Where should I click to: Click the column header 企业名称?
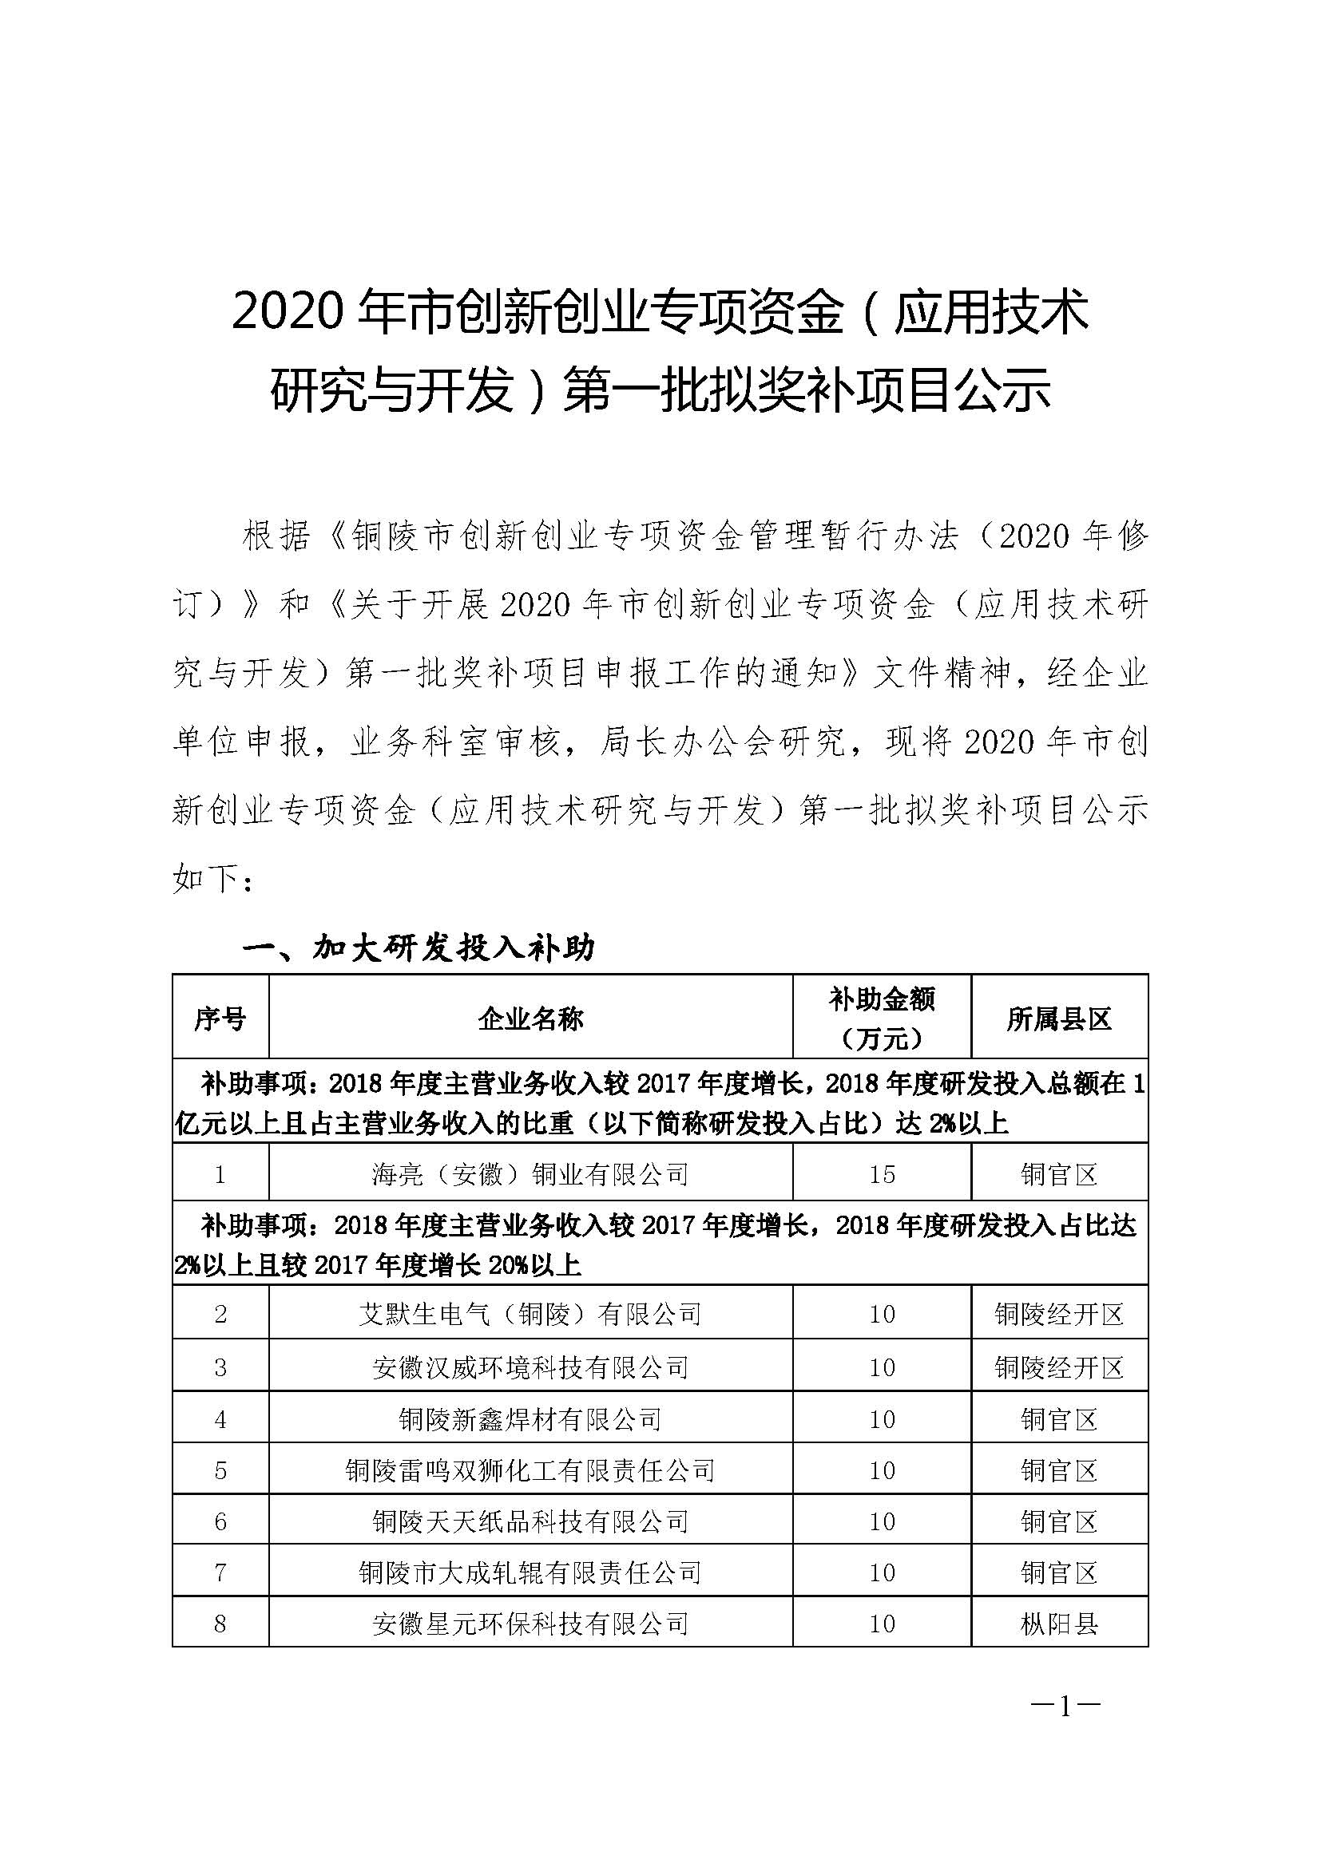coord(530,1018)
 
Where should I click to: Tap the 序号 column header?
coord(220,1018)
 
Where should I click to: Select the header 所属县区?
coord(1059,1018)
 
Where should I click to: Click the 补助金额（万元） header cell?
coord(882,1018)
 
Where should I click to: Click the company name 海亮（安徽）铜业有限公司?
coord(530,1173)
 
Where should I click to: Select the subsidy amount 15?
coord(882,1173)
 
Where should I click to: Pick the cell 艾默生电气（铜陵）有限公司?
coord(530,1314)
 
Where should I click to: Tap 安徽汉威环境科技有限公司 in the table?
coord(530,1367)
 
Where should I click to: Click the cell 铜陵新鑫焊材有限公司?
coord(530,1419)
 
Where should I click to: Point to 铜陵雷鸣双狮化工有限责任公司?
coord(530,1470)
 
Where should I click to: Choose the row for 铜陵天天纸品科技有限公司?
coord(530,1521)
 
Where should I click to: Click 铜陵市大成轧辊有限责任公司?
coord(530,1572)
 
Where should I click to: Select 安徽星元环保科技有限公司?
coord(530,1624)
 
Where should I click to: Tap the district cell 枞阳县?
coord(1059,1624)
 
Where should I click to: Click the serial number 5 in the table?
coord(220,1470)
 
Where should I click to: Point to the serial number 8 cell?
coord(220,1624)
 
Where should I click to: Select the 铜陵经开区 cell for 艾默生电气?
coord(1059,1314)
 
